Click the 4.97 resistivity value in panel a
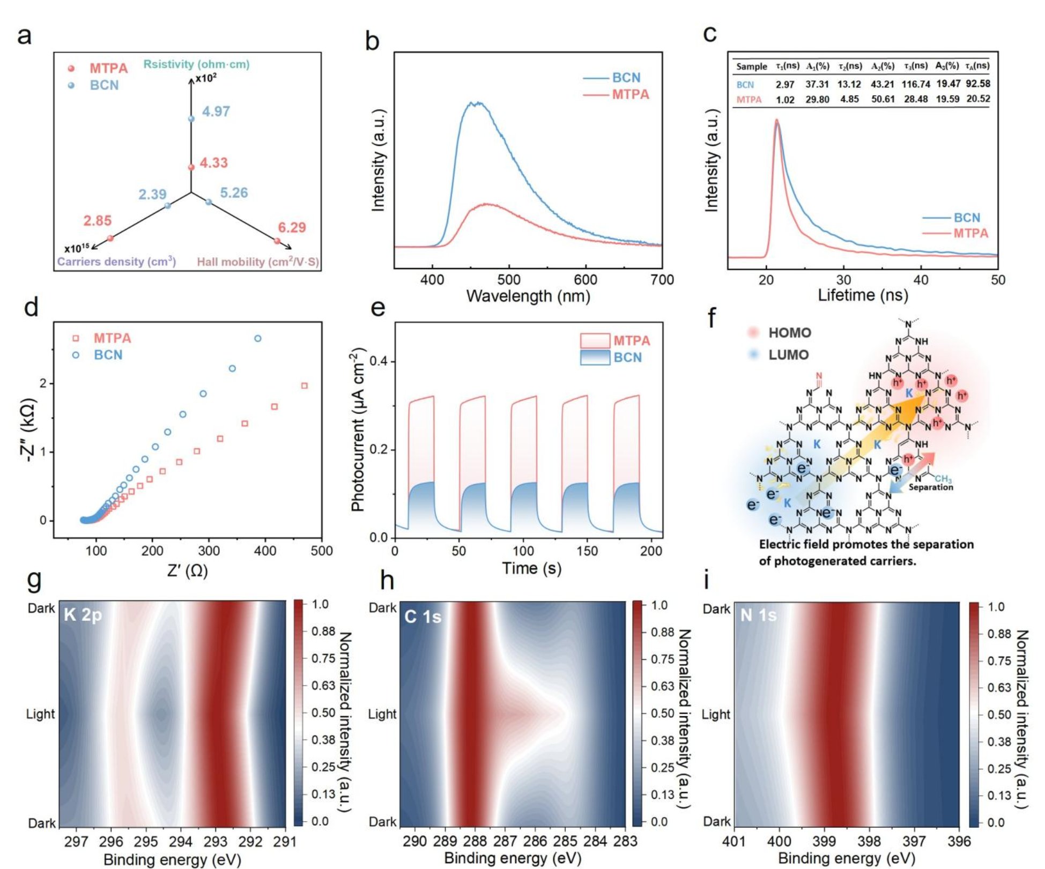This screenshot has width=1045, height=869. tap(216, 112)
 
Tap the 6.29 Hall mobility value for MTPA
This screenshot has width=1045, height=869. tap(292, 227)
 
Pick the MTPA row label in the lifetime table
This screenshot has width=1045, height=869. tap(748, 100)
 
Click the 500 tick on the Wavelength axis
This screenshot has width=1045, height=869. tap(508, 280)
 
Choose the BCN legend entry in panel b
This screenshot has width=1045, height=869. tap(626, 78)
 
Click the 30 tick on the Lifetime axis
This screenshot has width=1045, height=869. tap(843, 280)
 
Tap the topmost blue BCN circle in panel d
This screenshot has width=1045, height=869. tap(258, 338)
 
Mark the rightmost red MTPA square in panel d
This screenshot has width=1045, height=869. tap(305, 385)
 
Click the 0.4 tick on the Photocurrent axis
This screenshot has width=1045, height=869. tap(379, 361)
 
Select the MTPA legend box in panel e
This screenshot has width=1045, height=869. tap(595, 340)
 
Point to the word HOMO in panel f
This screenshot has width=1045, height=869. tap(789, 333)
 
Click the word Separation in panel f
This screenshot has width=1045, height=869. tap(931, 487)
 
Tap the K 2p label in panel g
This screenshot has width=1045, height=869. tap(83, 614)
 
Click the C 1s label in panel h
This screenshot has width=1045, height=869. tap(423, 617)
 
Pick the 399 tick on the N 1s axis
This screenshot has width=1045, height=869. tap(824, 841)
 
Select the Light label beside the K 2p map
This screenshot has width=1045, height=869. tap(40, 714)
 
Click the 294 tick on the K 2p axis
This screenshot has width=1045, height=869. tap(181, 842)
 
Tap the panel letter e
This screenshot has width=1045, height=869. tap(378, 309)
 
